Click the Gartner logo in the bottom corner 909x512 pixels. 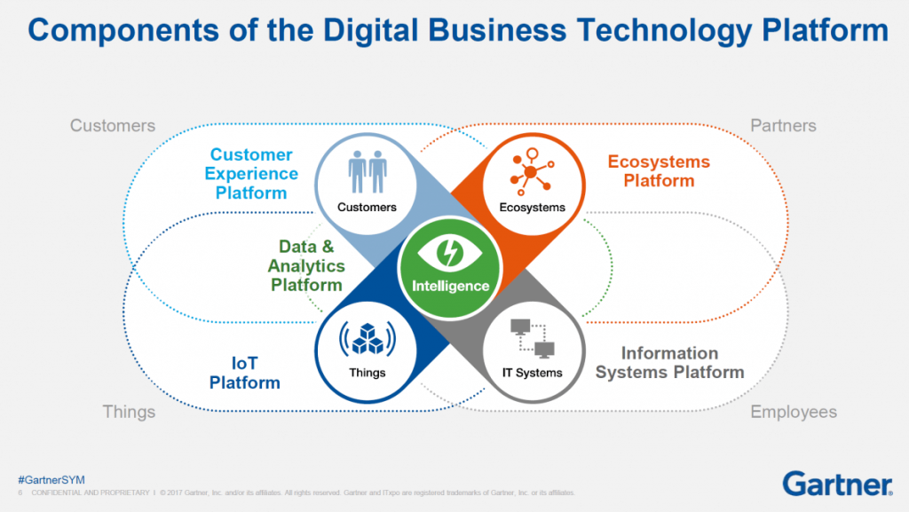tap(837, 484)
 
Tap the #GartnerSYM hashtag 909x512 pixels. tap(51, 479)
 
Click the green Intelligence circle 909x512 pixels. tap(449, 268)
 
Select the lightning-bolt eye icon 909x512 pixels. tap(449, 253)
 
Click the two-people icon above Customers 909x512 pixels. tap(368, 172)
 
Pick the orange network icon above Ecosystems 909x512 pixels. tap(532, 171)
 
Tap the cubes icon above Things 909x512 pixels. tap(368, 338)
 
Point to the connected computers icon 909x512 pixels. tap(533, 338)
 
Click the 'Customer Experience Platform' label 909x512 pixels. tap(251, 174)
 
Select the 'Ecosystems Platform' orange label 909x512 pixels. tap(659, 171)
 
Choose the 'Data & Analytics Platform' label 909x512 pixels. tap(306, 266)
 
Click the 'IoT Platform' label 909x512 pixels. tap(245, 373)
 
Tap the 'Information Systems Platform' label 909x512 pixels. tap(669, 363)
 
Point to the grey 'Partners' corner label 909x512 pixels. tap(783, 126)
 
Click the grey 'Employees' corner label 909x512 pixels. tap(794, 412)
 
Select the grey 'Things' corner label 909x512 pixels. tap(129, 412)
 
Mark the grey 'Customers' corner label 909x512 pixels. tap(113, 126)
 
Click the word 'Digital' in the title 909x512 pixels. tap(370, 30)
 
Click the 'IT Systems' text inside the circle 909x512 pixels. tap(533, 373)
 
